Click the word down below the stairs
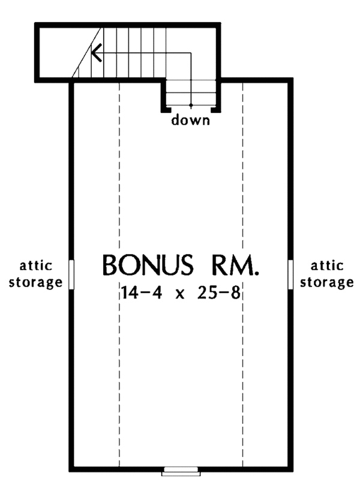click(191, 121)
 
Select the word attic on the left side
click(37, 265)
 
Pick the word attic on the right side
click(326, 265)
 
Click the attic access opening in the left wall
click(71, 274)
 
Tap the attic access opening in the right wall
click(291, 274)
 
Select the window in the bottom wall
click(181, 471)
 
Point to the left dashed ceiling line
click(119, 360)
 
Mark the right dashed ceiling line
click(242, 360)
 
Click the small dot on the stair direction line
click(191, 106)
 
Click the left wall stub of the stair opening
click(163, 109)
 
